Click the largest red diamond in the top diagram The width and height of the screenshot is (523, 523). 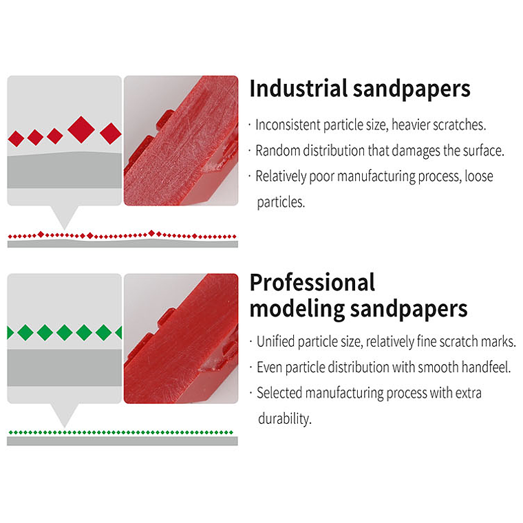click(81, 129)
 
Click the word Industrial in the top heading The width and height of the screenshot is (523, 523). click(297, 89)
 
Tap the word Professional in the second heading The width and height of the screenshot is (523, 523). click(312, 282)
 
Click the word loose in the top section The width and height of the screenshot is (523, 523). click(479, 176)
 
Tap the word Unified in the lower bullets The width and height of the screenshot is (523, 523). click(277, 341)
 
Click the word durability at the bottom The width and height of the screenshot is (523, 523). click(284, 418)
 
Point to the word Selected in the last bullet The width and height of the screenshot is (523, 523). click(279, 393)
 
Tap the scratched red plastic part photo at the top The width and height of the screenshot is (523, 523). click(181, 140)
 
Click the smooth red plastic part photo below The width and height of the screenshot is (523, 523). click(181, 338)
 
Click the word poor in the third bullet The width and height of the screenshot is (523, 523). click(326, 176)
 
